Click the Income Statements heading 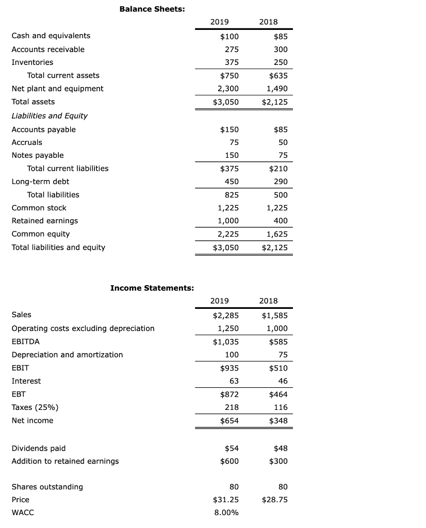coord(152,288)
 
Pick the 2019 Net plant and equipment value coord(226,89)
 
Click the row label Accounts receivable coord(48,49)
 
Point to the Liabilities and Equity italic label coord(50,115)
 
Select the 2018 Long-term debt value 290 coord(281,181)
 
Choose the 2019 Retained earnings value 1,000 coord(226,221)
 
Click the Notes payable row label coord(38,155)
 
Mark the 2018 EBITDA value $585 coord(278,341)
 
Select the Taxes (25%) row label coord(35,407)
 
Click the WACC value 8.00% coord(226,513)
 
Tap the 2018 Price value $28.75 coord(275,500)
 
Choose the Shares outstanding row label coord(47,487)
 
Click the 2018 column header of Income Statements coord(268,301)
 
